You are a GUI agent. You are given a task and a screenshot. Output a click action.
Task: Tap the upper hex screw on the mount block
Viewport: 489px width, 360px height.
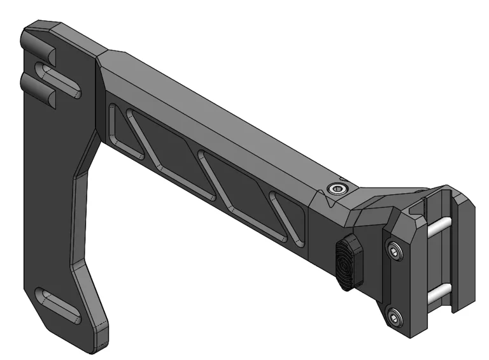tap(394, 253)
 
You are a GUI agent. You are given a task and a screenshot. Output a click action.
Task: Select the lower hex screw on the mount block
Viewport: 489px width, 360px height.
tap(396, 315)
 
